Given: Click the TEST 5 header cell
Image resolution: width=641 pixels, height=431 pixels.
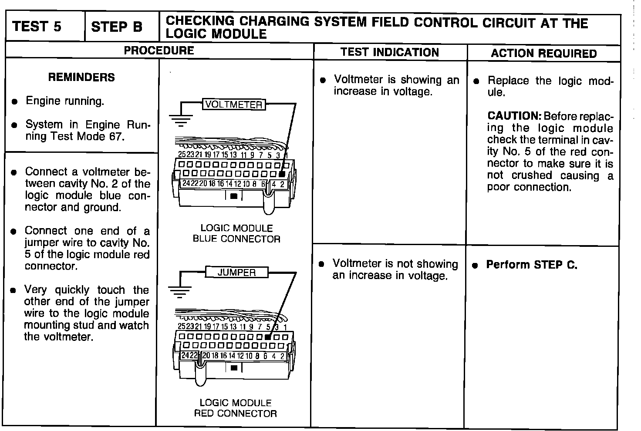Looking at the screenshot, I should (37, 27).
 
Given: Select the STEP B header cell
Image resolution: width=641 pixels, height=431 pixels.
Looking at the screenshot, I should (117, 27).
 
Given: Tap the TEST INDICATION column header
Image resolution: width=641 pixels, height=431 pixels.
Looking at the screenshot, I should (390, 52).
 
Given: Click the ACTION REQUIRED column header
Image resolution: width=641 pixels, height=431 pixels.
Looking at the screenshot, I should (544, 54).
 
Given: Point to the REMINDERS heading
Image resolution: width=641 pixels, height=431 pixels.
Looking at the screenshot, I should (81, 77).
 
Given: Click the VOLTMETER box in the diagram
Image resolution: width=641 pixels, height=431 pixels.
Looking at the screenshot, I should (234, 104).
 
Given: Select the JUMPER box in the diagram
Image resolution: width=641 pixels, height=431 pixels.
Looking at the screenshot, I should (236, 273).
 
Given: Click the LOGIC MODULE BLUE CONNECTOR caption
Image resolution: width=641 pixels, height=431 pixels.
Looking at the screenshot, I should (236, 233).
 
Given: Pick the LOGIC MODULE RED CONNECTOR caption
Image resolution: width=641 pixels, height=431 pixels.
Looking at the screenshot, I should (236, 408).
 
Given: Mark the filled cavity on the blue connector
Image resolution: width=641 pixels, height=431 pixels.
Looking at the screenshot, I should (282, 173).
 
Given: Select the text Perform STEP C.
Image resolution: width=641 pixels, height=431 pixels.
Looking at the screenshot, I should (531, 265).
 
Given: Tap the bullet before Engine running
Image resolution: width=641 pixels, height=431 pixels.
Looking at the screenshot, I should (14, 102).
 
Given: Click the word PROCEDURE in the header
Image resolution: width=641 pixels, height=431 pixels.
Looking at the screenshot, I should (159, 51).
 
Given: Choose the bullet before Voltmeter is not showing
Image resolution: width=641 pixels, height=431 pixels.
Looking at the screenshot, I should (321, 264).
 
